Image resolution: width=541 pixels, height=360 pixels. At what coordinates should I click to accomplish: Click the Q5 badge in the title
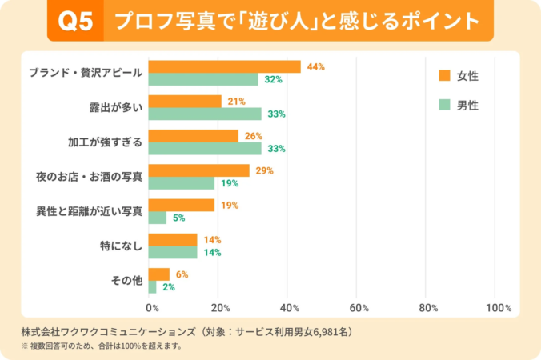pos(76,22)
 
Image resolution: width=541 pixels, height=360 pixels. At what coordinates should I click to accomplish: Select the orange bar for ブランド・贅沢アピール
pos(225,66)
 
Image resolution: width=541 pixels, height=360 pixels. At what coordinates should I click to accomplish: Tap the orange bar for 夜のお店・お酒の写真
pos(199,170)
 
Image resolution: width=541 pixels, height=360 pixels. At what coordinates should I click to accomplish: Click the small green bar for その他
pos(153,286)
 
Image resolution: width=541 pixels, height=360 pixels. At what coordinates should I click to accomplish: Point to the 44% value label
pos(315,66)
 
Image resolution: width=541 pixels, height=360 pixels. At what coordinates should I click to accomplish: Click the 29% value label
pos(265,170)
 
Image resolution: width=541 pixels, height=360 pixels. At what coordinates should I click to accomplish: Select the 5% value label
pos(179,218)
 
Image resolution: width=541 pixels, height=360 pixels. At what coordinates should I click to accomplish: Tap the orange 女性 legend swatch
pos(444,76)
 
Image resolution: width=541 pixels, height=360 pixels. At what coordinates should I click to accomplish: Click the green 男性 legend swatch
pos(444,105)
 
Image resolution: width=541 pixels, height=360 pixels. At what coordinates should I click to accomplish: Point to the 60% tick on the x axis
pos(359,308)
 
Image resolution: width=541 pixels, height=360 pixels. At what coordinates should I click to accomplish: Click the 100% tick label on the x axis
pos(498,308)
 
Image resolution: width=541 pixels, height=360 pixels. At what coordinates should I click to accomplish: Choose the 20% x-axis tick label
pos(221,308)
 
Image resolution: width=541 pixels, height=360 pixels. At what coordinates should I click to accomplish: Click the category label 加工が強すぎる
pos(105,142)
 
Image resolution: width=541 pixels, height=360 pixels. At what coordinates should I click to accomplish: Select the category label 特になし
pos(121,246)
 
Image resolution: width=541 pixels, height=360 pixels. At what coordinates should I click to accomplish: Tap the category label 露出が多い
pos(115,107)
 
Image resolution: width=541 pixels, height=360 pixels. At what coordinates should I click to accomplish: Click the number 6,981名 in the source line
pos(333,331)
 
